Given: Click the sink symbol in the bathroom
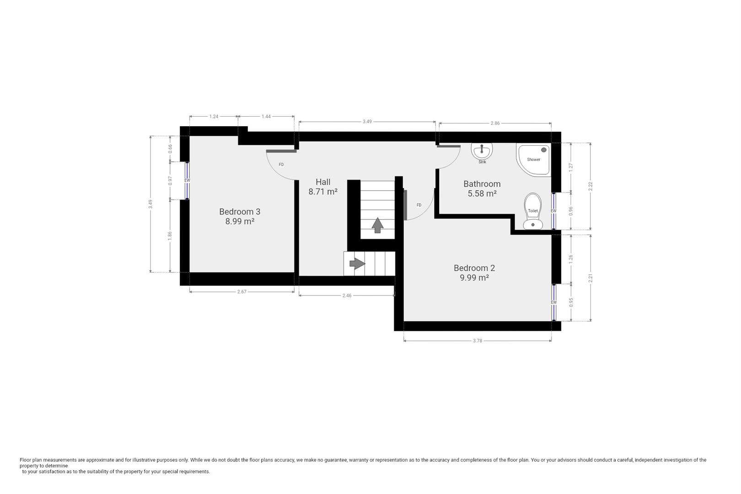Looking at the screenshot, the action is [482, 151].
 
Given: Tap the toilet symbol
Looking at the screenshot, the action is [532, 211].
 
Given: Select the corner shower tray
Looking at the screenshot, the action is [533, 160].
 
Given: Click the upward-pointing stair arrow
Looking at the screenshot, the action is [377, 226].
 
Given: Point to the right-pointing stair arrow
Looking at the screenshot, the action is [357, 264].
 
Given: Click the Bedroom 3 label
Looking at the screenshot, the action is [240, 211].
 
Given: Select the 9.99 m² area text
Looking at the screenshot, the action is [474, 278].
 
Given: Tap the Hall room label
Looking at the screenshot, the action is [323, 182].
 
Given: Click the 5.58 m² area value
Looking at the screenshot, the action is [482, 193].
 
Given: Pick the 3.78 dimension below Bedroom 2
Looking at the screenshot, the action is [478, 340].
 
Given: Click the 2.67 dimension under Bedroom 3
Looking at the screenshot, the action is [242, 291].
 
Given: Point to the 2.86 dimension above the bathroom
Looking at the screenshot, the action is [495, 123].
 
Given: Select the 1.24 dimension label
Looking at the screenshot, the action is [214, 117].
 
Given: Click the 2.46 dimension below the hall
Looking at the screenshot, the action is [347, 295].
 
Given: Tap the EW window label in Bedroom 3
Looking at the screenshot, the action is [187, 180].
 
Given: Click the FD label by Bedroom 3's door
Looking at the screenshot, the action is [281, 165].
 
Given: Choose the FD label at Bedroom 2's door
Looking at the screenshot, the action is [419, 205].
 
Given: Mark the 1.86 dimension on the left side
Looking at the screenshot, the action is [170, 236].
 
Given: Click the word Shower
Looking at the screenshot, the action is [534, 160].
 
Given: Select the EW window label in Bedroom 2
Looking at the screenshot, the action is [554, 302].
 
